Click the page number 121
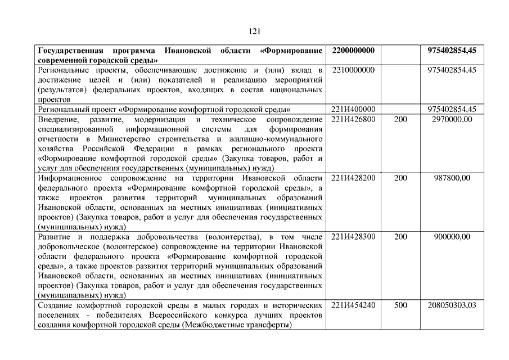point(254,31)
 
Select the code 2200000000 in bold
point(353,51)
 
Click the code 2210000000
point(353,70)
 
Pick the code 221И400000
point(353,109)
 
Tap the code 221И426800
point(353,119)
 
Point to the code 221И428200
point(353,178)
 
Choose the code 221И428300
point(353,236)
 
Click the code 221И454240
point(353,305)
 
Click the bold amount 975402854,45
point(452,51)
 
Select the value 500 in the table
point(400,305)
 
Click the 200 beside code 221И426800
point(400,119)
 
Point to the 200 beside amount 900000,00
point(400,236)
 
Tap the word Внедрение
point(58,119)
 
